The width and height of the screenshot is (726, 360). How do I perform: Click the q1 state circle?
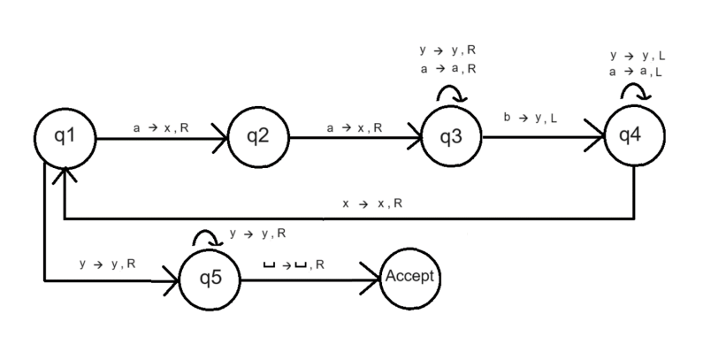point(65,137)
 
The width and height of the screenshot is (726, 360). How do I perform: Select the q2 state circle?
point(257,137)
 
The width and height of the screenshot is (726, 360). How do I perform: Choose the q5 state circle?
point(210,280)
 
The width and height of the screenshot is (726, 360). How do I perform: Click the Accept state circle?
point(409,277)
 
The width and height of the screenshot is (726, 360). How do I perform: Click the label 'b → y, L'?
point(531,117)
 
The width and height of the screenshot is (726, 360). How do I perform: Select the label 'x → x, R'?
point(372,203)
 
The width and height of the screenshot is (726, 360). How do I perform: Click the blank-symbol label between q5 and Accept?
point(294,264)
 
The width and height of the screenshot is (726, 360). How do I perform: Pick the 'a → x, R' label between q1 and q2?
point(161,128)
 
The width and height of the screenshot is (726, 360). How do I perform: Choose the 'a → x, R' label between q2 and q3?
point(354,128)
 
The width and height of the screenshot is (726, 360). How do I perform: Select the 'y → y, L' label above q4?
point(638,56)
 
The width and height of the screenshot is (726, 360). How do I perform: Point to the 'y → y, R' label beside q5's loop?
point(257,234)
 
